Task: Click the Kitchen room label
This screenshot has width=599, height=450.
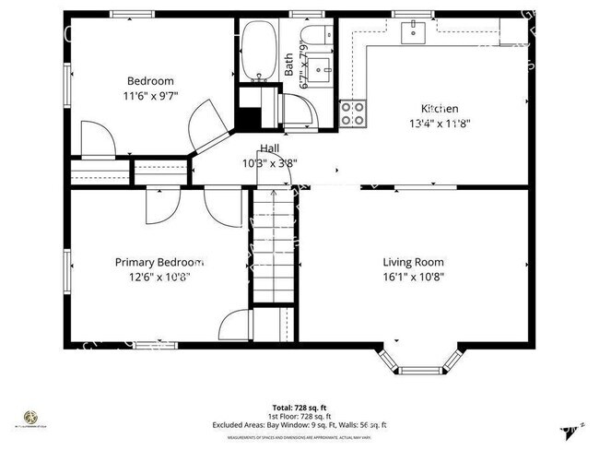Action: (x=440, y=108)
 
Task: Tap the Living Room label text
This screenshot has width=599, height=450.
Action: (x=413, y=262)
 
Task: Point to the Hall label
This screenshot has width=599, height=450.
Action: (x=270, y=148)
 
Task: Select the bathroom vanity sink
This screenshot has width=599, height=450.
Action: (x=323, y=69)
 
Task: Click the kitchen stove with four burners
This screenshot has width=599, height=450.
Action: (x=352, y=113)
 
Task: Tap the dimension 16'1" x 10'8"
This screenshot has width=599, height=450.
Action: (x=413, y=277)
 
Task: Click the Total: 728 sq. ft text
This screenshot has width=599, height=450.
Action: (x=300, y=407)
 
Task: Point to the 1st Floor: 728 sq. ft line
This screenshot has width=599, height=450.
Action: (x=300, y=416)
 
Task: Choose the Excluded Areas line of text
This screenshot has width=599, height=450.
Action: (x=300, y=425)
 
